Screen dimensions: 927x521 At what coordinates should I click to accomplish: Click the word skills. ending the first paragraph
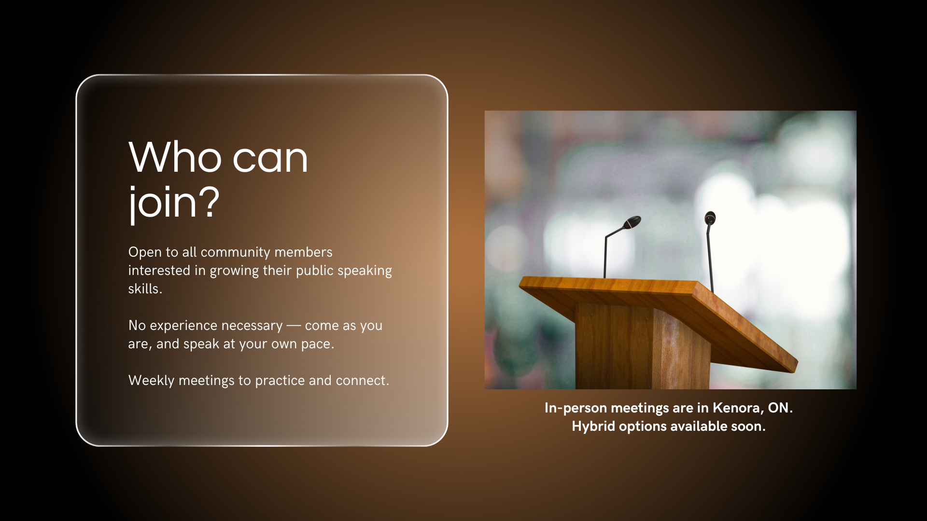coord(145,288)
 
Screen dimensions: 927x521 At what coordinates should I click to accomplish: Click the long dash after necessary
coord(294,326)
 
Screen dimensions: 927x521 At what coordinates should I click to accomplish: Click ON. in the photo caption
coord(780,408)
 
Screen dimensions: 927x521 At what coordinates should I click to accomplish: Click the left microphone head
coord(632,222)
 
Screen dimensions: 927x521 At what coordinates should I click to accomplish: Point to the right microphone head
coord(710,218)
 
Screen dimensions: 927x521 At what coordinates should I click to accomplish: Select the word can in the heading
coord(270,159)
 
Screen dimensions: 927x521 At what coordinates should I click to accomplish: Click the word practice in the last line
coord(280,381)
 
